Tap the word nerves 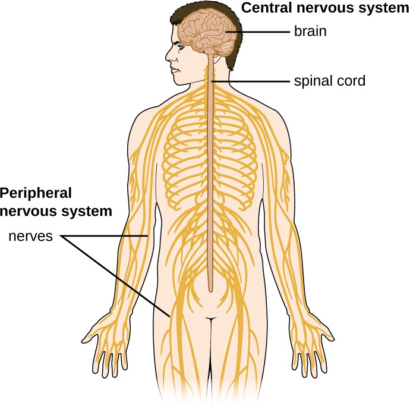pyautogui.click(x=31, y=237)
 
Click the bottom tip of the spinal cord pyautogui.click(x=210, y=290)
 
